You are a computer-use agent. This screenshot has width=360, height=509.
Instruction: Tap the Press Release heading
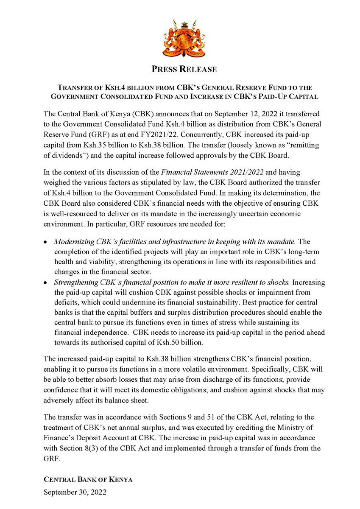point(180,69)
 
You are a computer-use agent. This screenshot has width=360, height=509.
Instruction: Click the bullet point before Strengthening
point(46,283)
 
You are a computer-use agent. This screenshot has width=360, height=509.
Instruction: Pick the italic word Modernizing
point(75,242)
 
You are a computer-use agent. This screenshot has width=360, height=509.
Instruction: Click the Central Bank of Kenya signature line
point(88,479)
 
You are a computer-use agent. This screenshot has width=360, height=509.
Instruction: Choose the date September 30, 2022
point(75,493)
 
